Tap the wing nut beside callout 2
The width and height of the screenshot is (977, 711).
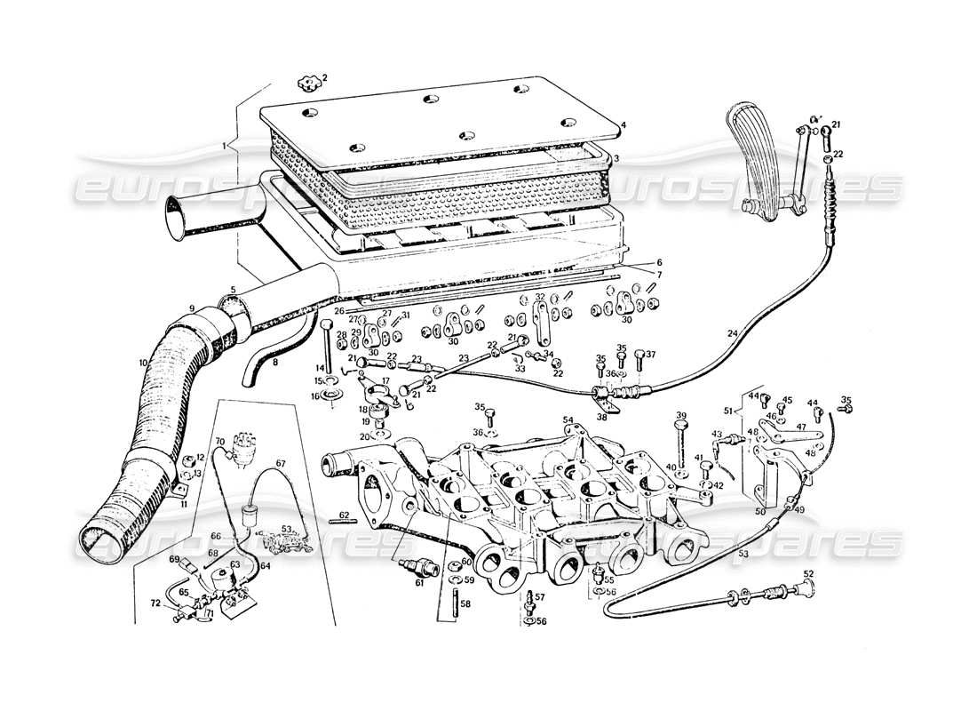coord(307,83)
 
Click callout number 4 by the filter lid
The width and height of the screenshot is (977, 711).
coord(624,125)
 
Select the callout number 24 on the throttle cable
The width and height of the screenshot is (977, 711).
coord(733,334)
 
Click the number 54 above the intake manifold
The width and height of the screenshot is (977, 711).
coord(568,419)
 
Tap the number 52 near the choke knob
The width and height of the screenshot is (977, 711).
coord(808,573)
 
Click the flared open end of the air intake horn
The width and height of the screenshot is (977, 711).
coord(174,219)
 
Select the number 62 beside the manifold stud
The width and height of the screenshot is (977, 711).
coord(344,515)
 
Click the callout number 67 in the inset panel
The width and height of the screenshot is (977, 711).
coord(280,463)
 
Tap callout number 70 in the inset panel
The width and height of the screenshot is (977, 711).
coord(219,442)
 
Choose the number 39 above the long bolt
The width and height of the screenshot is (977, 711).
coord(681,415)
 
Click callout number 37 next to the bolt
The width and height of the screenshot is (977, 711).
coord(650,355)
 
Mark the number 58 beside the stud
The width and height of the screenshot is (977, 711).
coord(465,603)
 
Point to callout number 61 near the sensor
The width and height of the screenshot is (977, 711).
coord(420,582)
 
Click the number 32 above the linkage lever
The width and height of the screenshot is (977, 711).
coord(539,297)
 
